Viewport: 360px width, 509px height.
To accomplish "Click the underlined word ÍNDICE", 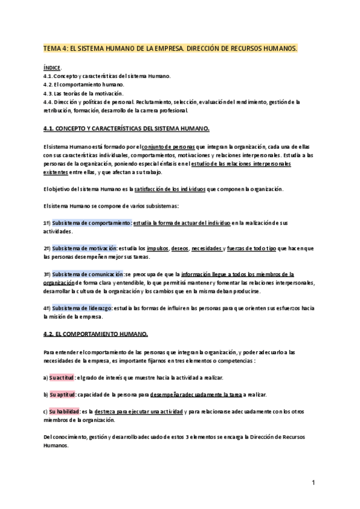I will tap(52, 68).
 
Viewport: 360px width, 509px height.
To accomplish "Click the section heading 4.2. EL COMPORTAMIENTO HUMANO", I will tap(95, 333).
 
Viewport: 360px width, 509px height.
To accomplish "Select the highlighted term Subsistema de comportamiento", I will tap(91, 223).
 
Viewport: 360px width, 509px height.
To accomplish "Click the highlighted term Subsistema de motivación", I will tap(84, 248).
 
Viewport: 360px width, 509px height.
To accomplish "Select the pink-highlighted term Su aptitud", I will tap(62, 395).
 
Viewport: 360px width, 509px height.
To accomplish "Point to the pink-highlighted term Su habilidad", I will tap(64, 412).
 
